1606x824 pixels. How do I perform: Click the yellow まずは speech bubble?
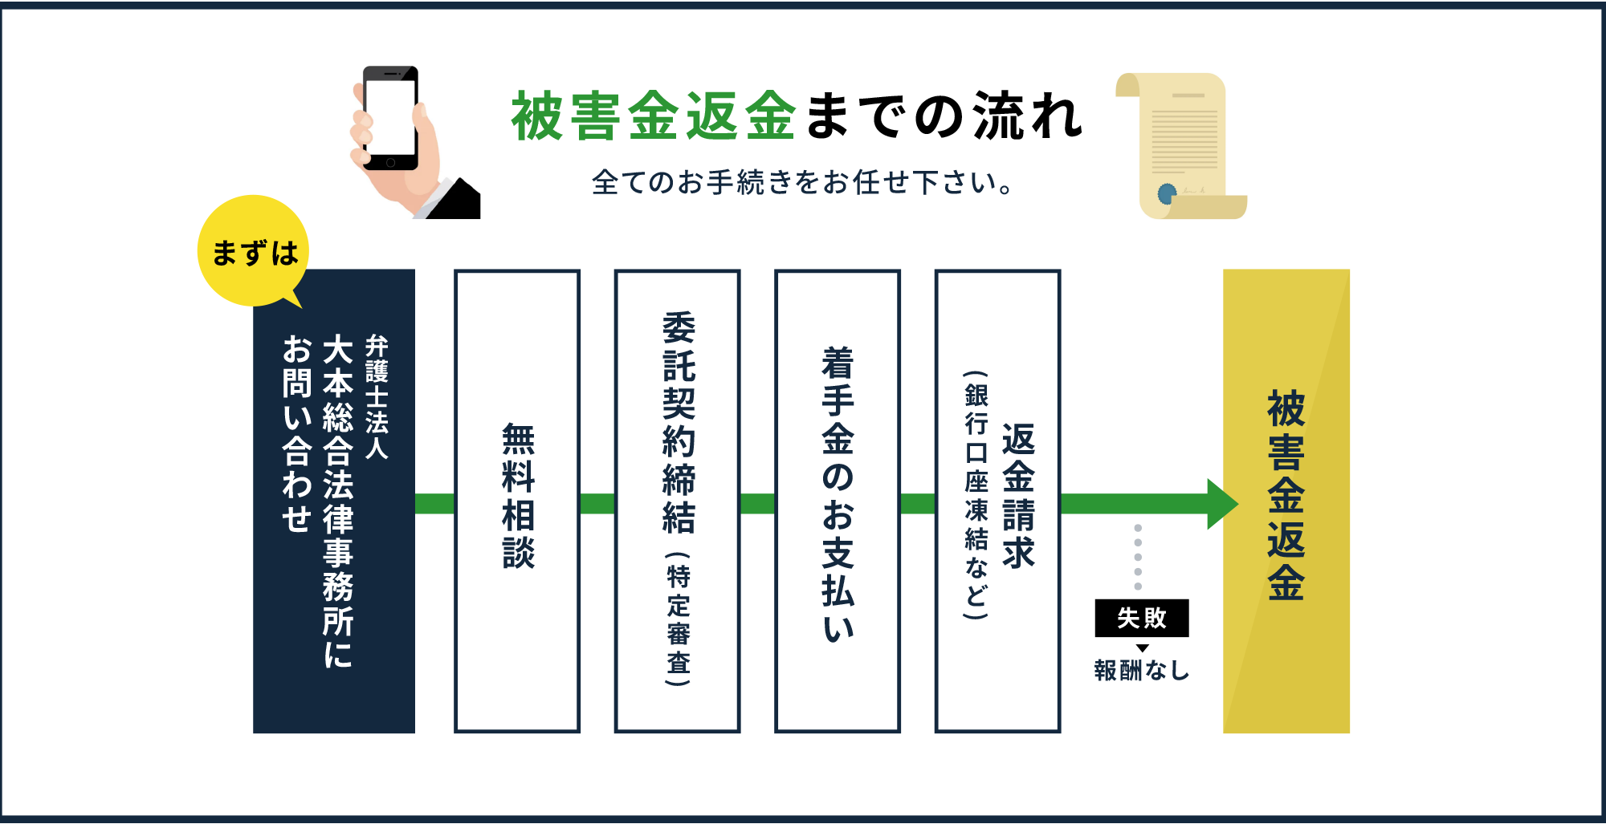pos(253,251)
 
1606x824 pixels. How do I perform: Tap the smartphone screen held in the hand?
pos(390,117)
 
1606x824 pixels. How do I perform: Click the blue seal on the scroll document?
pos(1167,193)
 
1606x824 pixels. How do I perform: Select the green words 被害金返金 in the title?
pos(654,117)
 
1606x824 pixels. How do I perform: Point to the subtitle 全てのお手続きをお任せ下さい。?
pos(802,183)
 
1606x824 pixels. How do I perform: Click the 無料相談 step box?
pos(517,501)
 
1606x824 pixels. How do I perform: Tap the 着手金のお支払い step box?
pos(838,501)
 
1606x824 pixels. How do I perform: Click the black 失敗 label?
pos(1141,618)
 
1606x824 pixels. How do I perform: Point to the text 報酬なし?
pos(1141,670)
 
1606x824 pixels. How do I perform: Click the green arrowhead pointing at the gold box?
pos(1221,504)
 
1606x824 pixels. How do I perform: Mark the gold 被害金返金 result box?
pos(1286,501)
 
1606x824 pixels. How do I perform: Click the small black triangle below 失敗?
pos(1142,648)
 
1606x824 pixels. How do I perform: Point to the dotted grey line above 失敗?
pos(1138,557)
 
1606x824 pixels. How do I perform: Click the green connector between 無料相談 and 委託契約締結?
pos(597,504)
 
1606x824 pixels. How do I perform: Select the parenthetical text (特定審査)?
pos(678,619)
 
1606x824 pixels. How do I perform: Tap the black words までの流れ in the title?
pos(944,117)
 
